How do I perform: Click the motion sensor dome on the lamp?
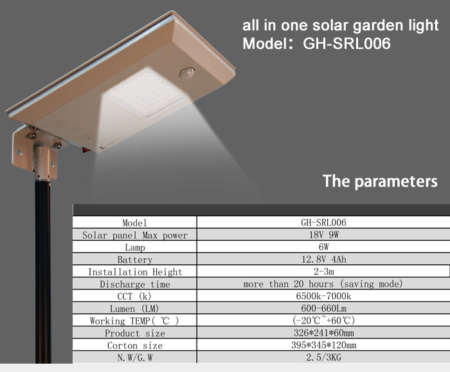pyautogui.click(x=187, y=73)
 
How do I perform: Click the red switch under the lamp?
pyautogui.click(x=85, y=150)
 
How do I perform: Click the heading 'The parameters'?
pyautogui.click(x=380, y=181)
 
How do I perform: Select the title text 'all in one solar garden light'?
pyautogui.click(x=340, y=25)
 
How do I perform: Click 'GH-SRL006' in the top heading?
pyautogui.click(x=346, y=44)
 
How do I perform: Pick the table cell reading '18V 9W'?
pyautogui.click(x=324, y=235)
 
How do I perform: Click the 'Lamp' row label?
pyautogui.click(x=135, y=247)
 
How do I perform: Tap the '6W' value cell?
pyautogui.click(x=324, y=246)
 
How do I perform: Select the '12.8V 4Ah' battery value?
pyautogui.click(x=324, y=259)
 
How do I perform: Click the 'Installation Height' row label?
pyautogui.click(x=135, y=272)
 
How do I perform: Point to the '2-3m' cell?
pyautogui.click(x=324, y=272)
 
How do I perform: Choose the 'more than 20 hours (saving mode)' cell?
pyautogui.click(x=323, y=284)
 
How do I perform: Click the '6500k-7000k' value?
pyautogui.click(x=324, y=296)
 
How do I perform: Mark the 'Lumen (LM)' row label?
pyautogui.click(x=134, y=308)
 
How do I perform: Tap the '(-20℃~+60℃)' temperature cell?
pyautogui.click(x=324, y=320)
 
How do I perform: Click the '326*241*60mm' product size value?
pyautogui.click(x=324, y=333)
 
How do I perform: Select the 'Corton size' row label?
pyautogui.click(x=135, y=345)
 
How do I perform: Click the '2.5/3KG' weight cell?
pyautogui.click(x=324, y=357)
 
